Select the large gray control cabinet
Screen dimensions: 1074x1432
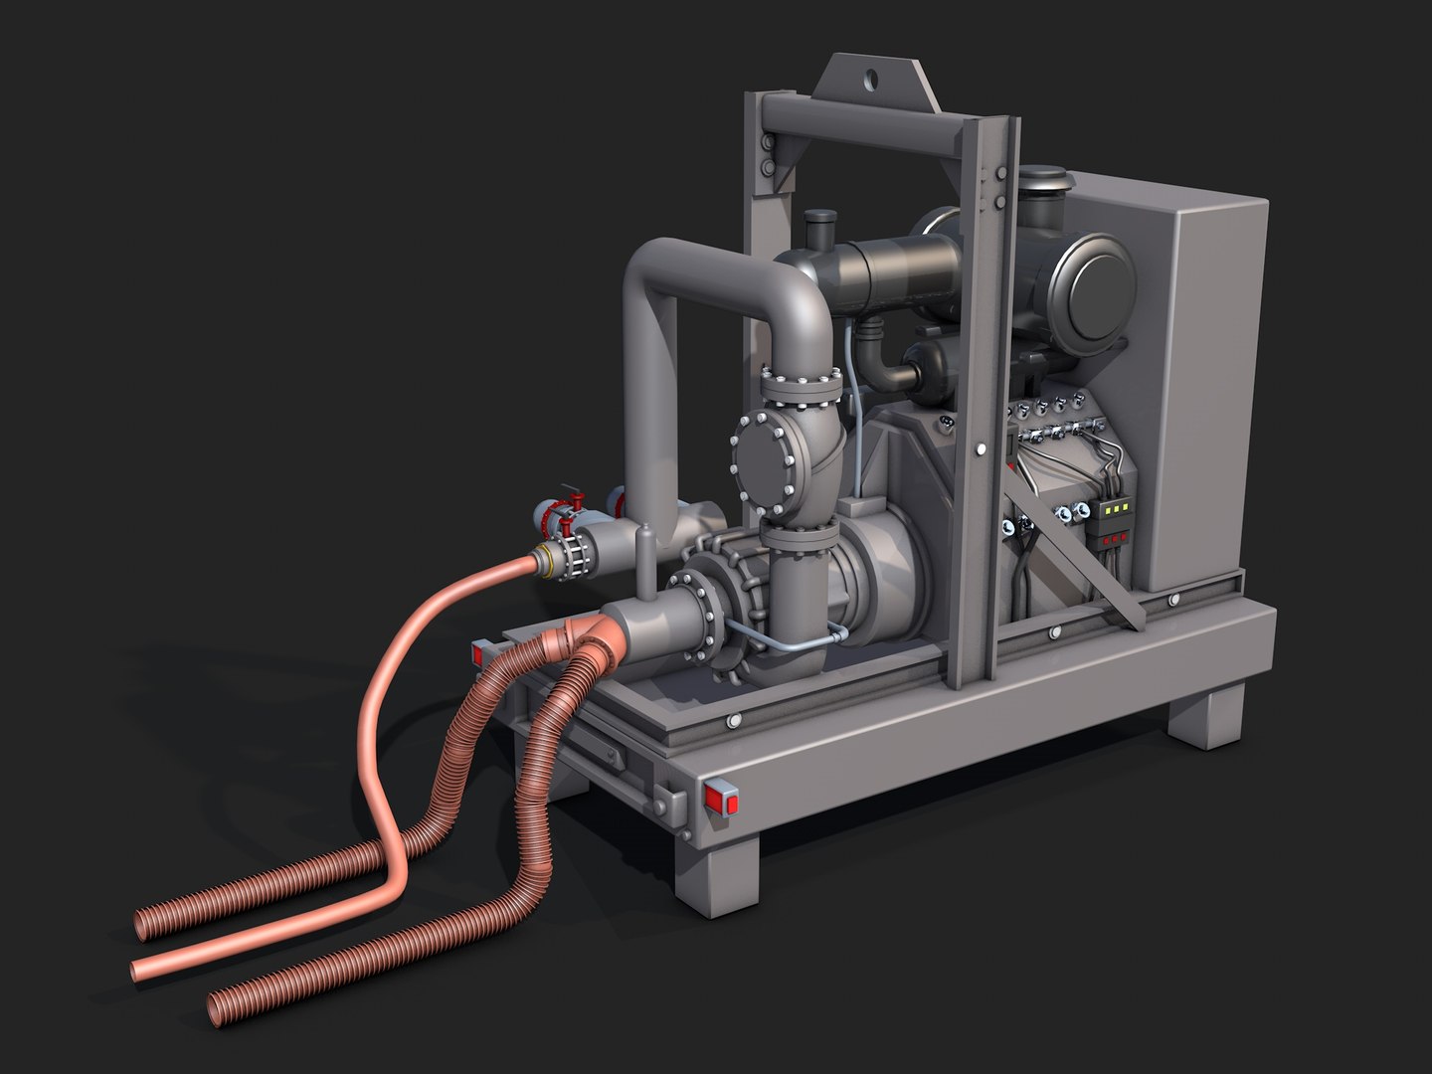click(1203, 388)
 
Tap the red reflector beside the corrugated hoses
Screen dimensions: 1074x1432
click(481, 652)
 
